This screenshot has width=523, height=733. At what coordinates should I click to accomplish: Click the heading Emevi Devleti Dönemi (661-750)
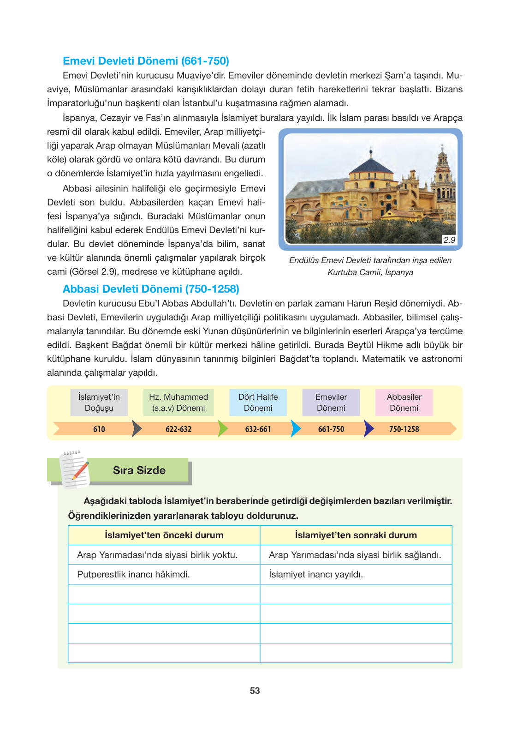(x=146, y=61)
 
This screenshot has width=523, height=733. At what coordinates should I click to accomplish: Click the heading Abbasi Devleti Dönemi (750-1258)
(x=151, y=289)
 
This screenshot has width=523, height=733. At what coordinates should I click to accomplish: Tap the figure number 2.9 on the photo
(x=449, y=240)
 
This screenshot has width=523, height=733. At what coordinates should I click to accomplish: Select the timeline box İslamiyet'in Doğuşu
(x=99, y=403)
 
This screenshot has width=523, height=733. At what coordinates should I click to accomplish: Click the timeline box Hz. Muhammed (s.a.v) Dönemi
(x=178, y=403)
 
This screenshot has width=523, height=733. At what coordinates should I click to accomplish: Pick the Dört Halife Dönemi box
(x=258, y=403)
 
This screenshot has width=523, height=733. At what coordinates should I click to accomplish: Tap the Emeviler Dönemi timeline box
(x=331, y=403)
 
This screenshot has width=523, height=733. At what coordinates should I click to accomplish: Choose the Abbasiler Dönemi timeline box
(x=404, y=403)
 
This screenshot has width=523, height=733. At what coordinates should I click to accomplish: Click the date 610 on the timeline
(x=99, y=429)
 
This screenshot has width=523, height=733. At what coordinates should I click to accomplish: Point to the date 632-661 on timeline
(x=258, y=429)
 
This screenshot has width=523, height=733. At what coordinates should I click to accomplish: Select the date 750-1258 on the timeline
(x=404, y=429)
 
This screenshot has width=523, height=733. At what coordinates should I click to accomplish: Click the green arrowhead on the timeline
(x=222, y=429)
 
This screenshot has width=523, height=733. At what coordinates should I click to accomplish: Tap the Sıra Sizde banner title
(x=139, y=470)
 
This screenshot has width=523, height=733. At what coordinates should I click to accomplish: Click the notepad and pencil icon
(x=74, y=469)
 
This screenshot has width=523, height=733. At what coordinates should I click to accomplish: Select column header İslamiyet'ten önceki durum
(x=164, y=535)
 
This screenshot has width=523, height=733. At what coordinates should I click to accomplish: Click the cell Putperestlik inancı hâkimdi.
(x=133, y=574)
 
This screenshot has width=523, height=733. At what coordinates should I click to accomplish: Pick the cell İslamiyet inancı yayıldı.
(x=316, y=574)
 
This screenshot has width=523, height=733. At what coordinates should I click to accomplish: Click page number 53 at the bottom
(x=255, y=691)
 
